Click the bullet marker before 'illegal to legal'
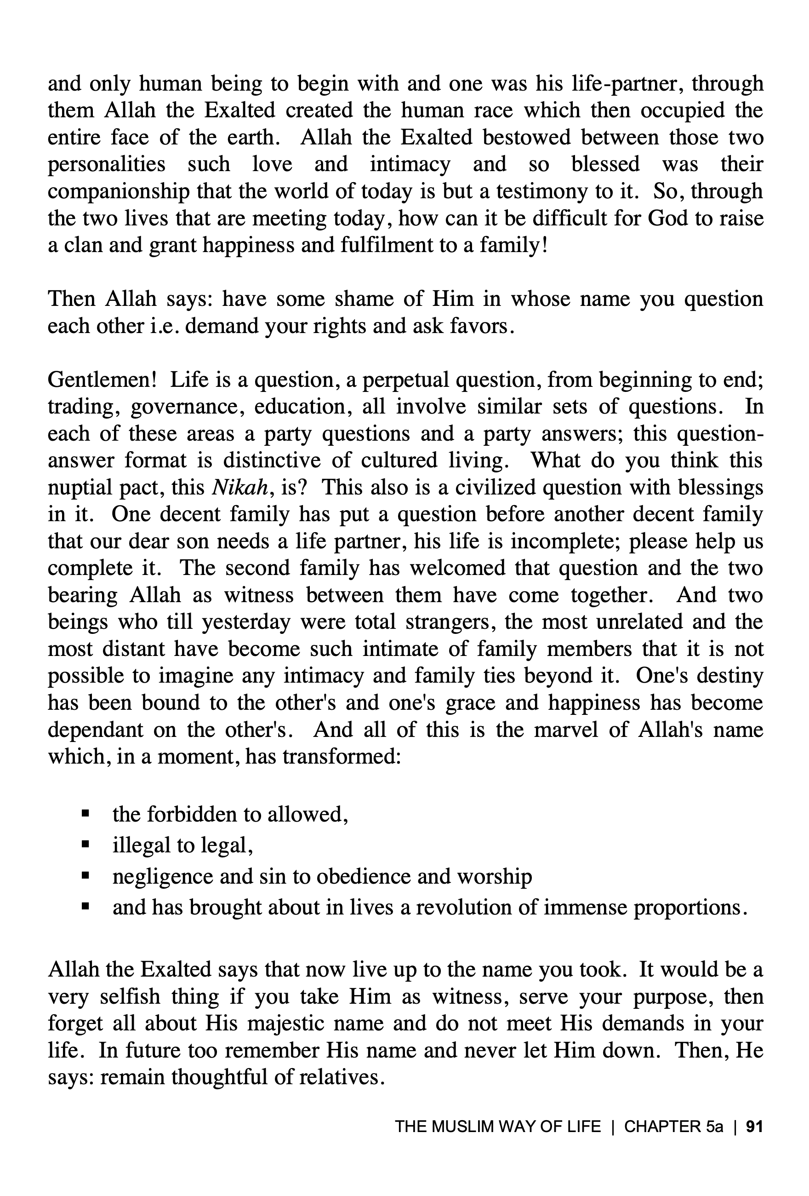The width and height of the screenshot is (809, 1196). tap(85, 845)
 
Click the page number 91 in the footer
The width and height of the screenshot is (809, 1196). tap(754, 1127)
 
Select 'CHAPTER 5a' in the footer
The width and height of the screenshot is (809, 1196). tap(673, 1127)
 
